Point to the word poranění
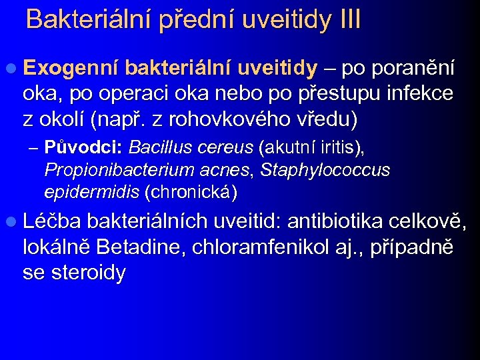pyautogui.click(x=415, y=69)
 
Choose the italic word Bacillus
pyautogui.click(x=157, y=147)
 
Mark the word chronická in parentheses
pyautogui.click(x=190, y=193)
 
